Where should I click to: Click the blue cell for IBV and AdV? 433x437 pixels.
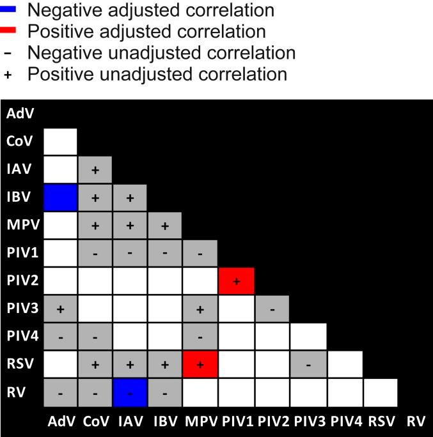coord(60,197)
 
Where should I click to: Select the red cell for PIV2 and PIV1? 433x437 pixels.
coord(237,281)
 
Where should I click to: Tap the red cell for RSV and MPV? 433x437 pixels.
coord(201,365)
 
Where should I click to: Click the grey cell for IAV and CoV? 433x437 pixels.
coord(95,170)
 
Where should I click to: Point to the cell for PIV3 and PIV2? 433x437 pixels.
coord(272,309)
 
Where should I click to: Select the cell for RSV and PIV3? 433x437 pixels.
coord(308,365)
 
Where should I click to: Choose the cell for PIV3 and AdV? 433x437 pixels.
coord(60,309)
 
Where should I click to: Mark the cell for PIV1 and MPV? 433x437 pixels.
coord(201,254)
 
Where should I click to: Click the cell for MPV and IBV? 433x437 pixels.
coord(165,226)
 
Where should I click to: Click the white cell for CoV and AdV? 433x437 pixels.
coord(60,142)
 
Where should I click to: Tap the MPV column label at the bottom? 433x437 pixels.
coord(201,422)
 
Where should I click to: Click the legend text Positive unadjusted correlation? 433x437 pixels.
coord(157,73)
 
